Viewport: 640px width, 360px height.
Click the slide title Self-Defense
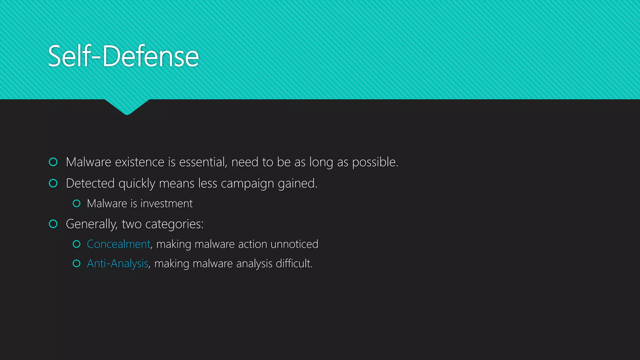[123, 56]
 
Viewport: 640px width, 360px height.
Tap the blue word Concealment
[118, 244]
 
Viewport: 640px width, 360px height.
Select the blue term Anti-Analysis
[117, 263]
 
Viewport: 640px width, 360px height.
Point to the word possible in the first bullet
[375, 162]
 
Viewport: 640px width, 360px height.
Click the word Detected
[90, 183]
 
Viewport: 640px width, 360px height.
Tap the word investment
[167, 203]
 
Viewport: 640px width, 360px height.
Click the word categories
[174, 224]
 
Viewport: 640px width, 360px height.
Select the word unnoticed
[294, 244]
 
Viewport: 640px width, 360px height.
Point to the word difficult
[294, 263]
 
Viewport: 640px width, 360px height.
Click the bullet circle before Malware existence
[53, 162]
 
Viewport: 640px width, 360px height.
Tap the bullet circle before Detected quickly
[53, 183]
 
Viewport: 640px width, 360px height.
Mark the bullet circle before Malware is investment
[77, 203]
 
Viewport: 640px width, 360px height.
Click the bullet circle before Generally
[53, 224]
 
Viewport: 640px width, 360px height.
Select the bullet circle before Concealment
[77, 244]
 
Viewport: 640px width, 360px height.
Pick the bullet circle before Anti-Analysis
[77, 263]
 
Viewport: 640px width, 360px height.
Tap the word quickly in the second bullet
[137, 183]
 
